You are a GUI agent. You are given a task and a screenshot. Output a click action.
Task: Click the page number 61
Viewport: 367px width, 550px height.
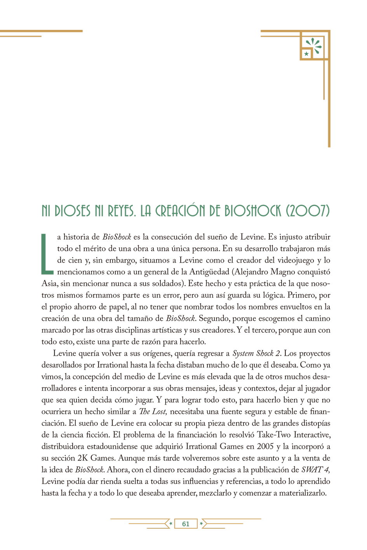click(x=186, y=524)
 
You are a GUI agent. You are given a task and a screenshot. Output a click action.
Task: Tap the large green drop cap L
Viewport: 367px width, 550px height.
click(x=47, y=253)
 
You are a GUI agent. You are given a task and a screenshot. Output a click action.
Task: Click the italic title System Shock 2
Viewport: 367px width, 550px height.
click(x=256, y=353)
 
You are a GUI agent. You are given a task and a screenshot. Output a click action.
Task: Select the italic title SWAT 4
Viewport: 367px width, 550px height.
click(x=315, y=470)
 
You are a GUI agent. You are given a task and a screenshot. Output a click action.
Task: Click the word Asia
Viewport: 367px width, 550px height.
click(x=49, y=284)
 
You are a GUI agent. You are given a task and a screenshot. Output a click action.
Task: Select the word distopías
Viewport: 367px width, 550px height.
click(x=312, y=423)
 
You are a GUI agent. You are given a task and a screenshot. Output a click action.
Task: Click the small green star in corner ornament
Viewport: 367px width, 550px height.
click(x=306, y=54)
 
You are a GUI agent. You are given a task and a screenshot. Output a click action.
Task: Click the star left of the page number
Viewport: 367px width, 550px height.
click(x=170, y=524)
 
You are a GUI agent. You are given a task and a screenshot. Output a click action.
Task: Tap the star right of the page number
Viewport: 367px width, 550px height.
click(x=201, y=524)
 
